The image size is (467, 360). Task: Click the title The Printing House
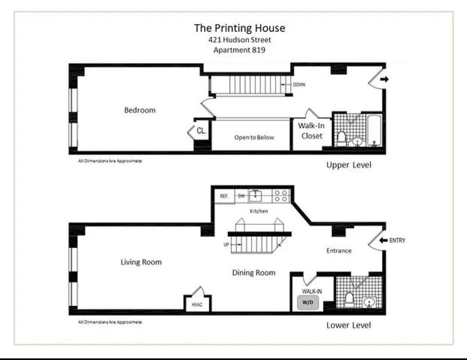(239, 28)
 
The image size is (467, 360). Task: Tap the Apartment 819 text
(239, 50)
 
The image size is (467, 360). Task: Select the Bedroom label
(140, 110)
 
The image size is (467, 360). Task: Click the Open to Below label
(254, 137)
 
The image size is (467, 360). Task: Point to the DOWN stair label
(299, 85)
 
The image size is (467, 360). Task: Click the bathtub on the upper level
(374, 131)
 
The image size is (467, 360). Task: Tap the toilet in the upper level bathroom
(341, 138)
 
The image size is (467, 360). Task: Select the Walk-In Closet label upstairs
(311, 130)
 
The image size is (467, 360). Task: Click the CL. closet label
(202, 131)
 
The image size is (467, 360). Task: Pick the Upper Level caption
(349, 165)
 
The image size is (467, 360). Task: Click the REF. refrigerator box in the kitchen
(225, 196)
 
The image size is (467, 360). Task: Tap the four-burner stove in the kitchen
(281, 196)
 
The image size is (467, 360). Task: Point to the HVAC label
(197, 304)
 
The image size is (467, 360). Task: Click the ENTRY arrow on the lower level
(383, 240)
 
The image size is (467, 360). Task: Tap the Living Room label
(141, 262)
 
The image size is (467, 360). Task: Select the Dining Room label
(254, 273)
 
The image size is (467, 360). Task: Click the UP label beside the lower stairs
(226, 245)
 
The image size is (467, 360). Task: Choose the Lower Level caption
(349, 325)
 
